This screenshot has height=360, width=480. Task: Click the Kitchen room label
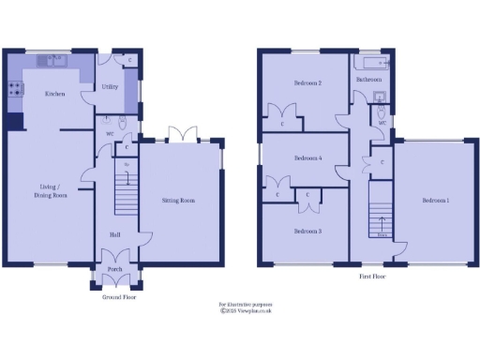pos(52,93)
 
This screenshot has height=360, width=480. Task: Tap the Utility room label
pos(110,86)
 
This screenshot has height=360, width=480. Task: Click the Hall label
pos(114,234)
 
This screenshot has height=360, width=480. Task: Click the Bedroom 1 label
pos(435,201)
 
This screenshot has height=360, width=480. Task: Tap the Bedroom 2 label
pos(307,83)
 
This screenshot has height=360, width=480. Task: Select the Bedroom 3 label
pos(307,231)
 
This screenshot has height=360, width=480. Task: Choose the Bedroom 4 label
pos(307,158)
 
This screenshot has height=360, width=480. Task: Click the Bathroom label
pos(367,80)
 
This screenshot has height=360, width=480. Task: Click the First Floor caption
pos(373,277)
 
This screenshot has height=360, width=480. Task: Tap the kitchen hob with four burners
pos(16,90)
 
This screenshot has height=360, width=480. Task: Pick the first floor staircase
pos(380,212)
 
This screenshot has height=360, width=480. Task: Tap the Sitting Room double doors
pos(181,135)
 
